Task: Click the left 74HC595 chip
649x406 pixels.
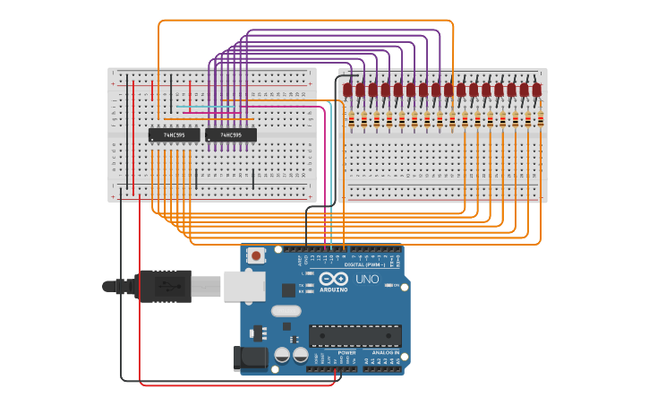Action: [174, 135]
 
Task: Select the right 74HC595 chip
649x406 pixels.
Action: [231, 135]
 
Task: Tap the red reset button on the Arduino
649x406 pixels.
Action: [257, 255]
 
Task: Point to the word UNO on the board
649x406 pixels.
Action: [367, 280]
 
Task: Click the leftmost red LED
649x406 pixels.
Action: [347, 90]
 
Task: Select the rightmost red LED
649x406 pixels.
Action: [536, 90]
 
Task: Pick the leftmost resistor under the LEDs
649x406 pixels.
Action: [351, 120]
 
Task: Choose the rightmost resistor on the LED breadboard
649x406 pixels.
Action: [540, 120]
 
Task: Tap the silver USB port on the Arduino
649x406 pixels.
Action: [244, 286]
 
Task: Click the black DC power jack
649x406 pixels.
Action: [250, 358]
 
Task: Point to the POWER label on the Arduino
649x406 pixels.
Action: [346, 353]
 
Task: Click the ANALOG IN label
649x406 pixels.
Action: [387, 353]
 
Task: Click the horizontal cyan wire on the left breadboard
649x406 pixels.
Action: [207, 107]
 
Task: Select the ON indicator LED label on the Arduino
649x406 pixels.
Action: [394, 285]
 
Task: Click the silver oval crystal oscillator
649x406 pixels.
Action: [285, 311]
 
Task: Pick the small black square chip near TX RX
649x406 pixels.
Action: [288, 289]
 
